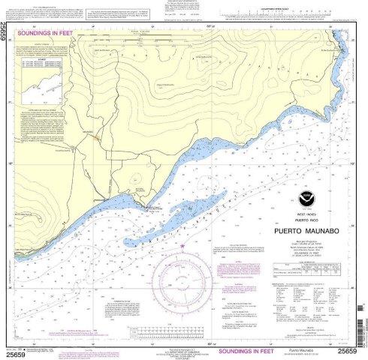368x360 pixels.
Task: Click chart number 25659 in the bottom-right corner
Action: pos(349,349)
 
